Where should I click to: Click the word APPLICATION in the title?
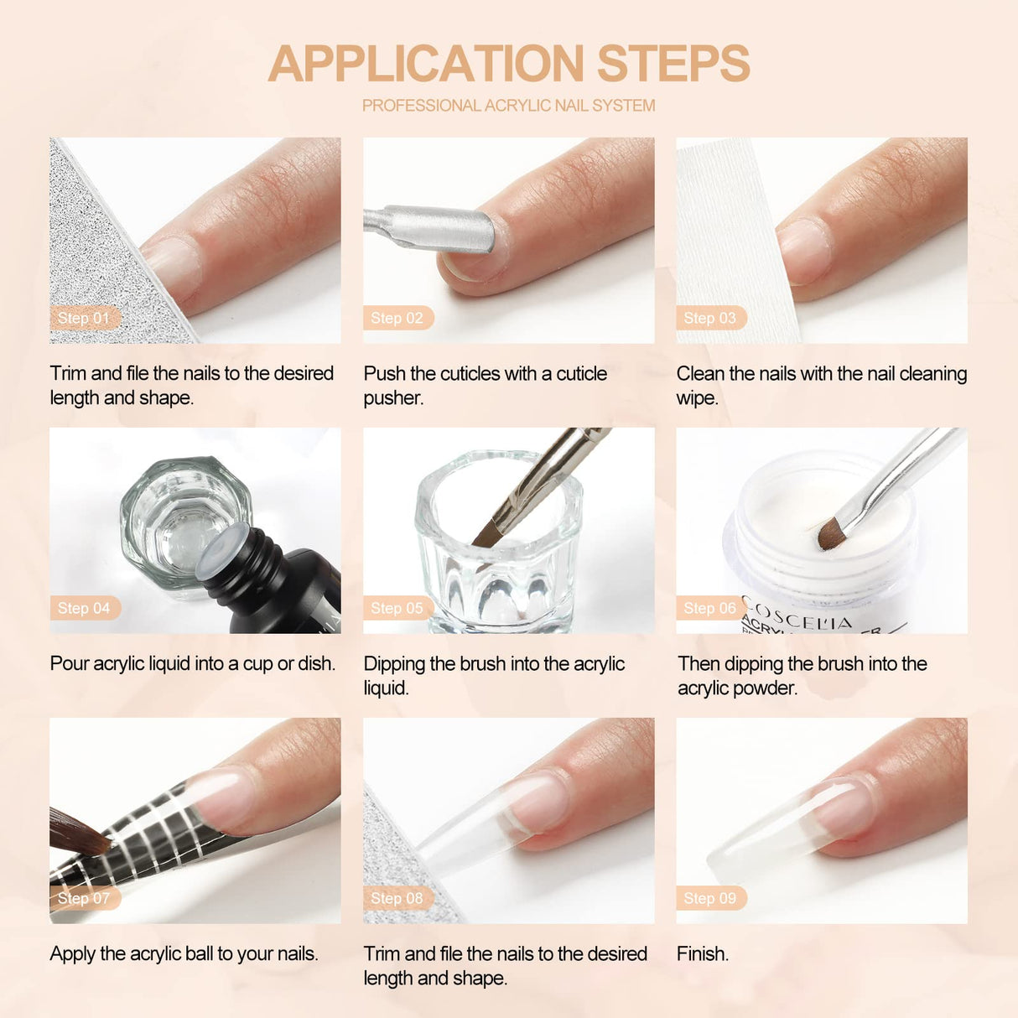[x=426, y=64]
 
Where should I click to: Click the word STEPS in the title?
[x=673, y=64]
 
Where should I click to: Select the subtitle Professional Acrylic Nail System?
[x=508, y=106]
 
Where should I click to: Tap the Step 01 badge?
[x=84, y=318]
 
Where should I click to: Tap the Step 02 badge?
[x=397, y=318]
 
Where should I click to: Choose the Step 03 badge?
[x=709, y=318]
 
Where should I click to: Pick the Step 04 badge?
[x=84, y=608]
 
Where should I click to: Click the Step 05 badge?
[x=397, y=608]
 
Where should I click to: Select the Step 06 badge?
[x=709, y=608]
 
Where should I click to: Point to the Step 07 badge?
[x=84, y=898]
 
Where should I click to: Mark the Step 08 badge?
[x=397, y=898]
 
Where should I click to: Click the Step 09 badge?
[x=709, y=898]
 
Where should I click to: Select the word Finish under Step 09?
[x=702, y=953]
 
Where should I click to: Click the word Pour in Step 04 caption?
[x=69, y=663]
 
